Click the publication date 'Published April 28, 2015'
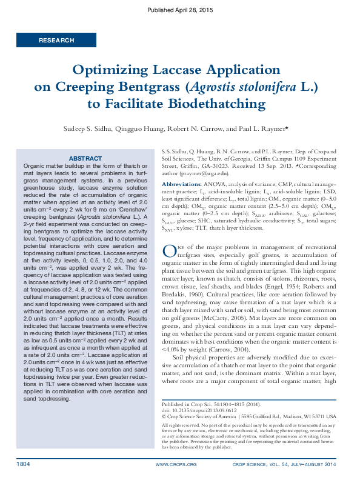180,11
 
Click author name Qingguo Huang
142,129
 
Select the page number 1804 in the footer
24,464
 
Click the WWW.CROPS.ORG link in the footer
176,465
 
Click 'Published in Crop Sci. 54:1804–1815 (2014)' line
212,420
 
